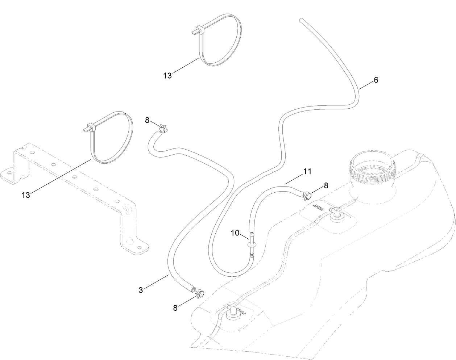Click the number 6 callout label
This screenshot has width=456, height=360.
376,80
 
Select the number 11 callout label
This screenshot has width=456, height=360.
307,172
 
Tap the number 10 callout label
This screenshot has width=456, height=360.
235,233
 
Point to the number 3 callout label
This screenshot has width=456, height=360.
141,290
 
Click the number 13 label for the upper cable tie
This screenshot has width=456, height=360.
167,75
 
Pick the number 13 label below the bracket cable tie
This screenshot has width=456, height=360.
26,195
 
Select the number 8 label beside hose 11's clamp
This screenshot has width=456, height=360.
326,185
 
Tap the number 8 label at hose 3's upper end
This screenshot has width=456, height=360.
147,120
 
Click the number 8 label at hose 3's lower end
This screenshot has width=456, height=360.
175,307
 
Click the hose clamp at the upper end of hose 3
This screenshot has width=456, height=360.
163,128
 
